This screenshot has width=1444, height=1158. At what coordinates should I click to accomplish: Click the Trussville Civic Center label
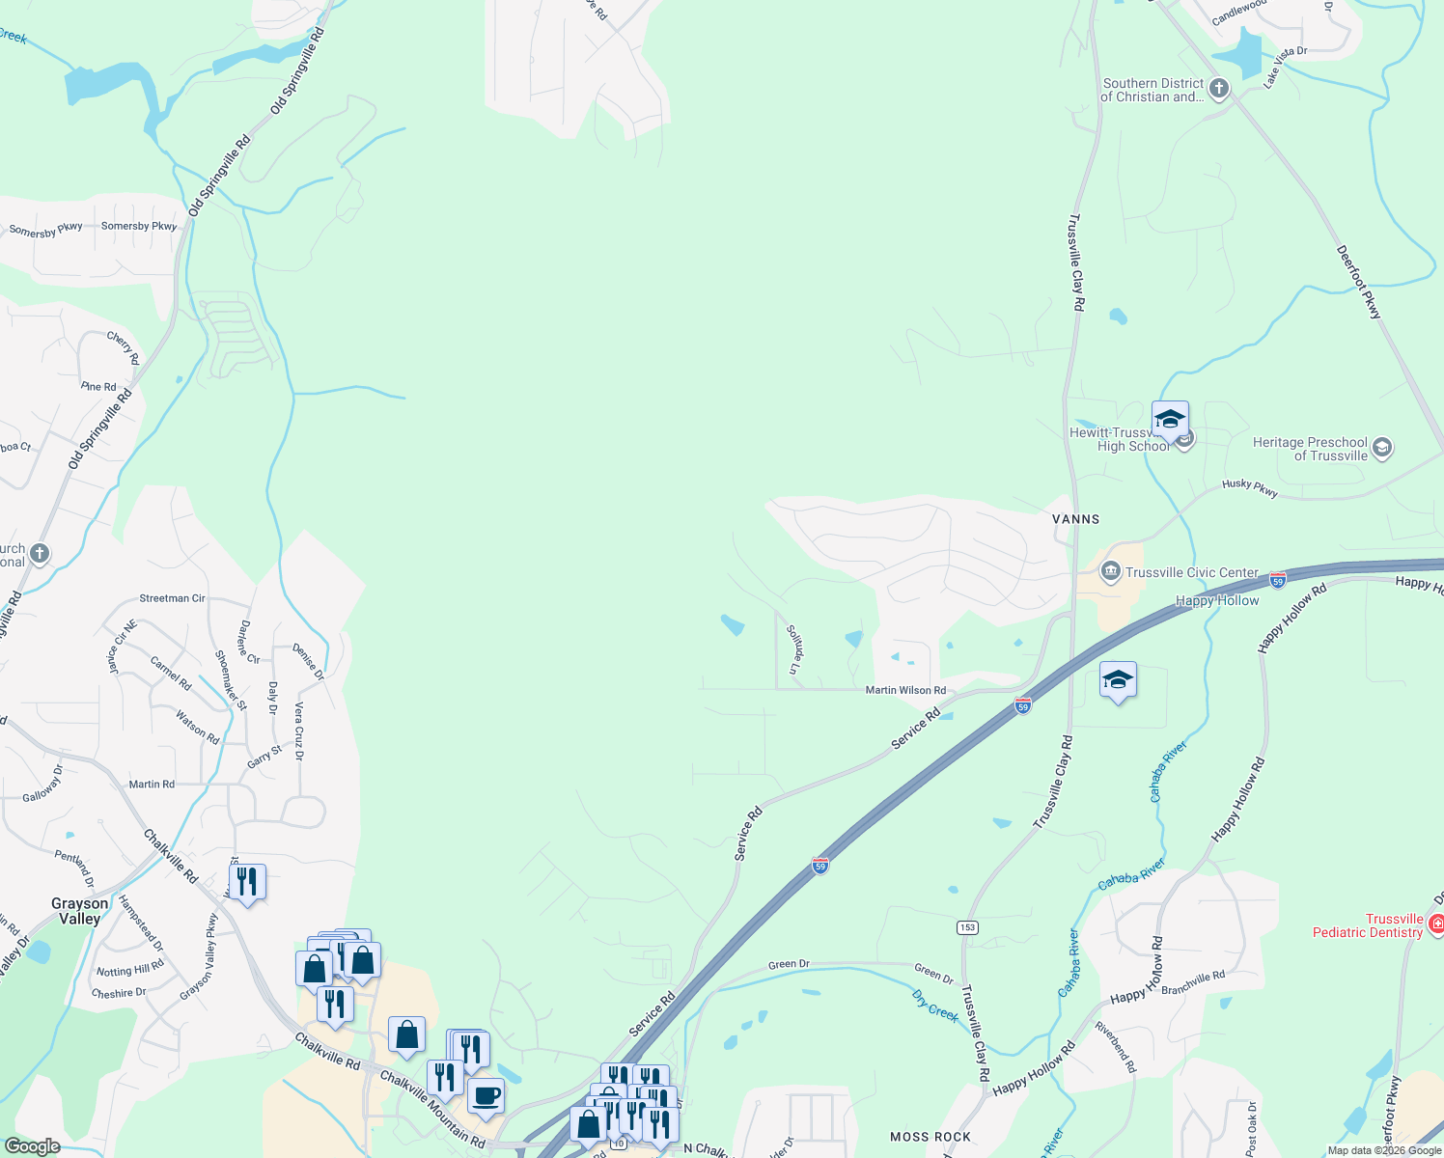click(x=1191, y=572)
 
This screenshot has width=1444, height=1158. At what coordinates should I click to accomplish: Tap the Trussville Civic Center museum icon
click(x=1110, y=571)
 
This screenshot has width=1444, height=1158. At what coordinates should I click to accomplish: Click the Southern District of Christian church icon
click(x=1219, y=90)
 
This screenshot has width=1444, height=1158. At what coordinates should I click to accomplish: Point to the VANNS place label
click(x=1075, y=519)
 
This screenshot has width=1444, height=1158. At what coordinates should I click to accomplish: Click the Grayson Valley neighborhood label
click(x=80, y=911)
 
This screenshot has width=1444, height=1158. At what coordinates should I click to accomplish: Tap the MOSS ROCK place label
click(x=930, y=1137)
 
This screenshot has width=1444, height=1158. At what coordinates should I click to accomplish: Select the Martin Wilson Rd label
click(x=905, y=690)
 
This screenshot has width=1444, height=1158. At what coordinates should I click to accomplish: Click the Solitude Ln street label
click(x=793, y=648)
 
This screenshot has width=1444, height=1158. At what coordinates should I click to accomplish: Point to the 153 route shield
click(x=967, y=927)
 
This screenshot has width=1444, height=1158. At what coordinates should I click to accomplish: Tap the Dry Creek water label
click(x=934, y=1003)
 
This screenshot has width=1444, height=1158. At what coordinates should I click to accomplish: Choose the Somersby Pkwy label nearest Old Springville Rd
click(x=139, y=226)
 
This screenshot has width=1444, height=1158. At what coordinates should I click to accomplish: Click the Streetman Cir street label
click(x=172, y=598)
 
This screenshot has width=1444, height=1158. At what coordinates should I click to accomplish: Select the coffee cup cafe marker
click(x=486, y=1096)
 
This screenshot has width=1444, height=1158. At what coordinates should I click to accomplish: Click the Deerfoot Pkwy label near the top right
click(x=1359, y=282)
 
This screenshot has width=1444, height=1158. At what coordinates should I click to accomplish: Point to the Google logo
click(x=33, y=1145)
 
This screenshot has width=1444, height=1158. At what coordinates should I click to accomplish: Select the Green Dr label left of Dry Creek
click(x=789, y=964)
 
